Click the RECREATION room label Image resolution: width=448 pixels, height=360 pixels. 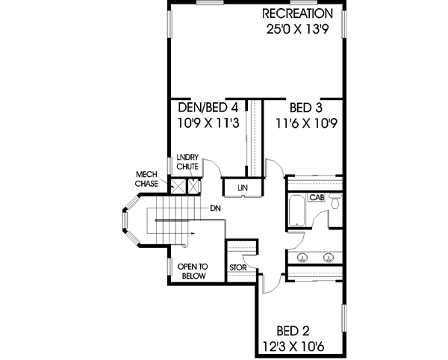(x=297, y=14)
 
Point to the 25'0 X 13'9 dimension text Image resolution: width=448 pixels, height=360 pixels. (x=297, y=31)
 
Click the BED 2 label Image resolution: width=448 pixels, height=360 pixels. (x=293, y=329)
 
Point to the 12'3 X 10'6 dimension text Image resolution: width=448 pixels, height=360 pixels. (x=293, y=346)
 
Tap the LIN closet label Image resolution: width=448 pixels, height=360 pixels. (x=243, y=187)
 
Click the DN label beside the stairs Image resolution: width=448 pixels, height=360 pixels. (x=215, y=208)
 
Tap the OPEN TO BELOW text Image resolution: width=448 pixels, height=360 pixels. (x=192, y=270)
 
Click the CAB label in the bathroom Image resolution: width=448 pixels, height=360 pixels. (x=317, y=198)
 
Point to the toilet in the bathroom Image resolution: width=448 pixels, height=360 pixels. (x=335, y=202)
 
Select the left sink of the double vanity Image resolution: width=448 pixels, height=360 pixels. (x=302, y=258)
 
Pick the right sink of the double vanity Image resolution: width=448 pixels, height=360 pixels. (x=328, y=258)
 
